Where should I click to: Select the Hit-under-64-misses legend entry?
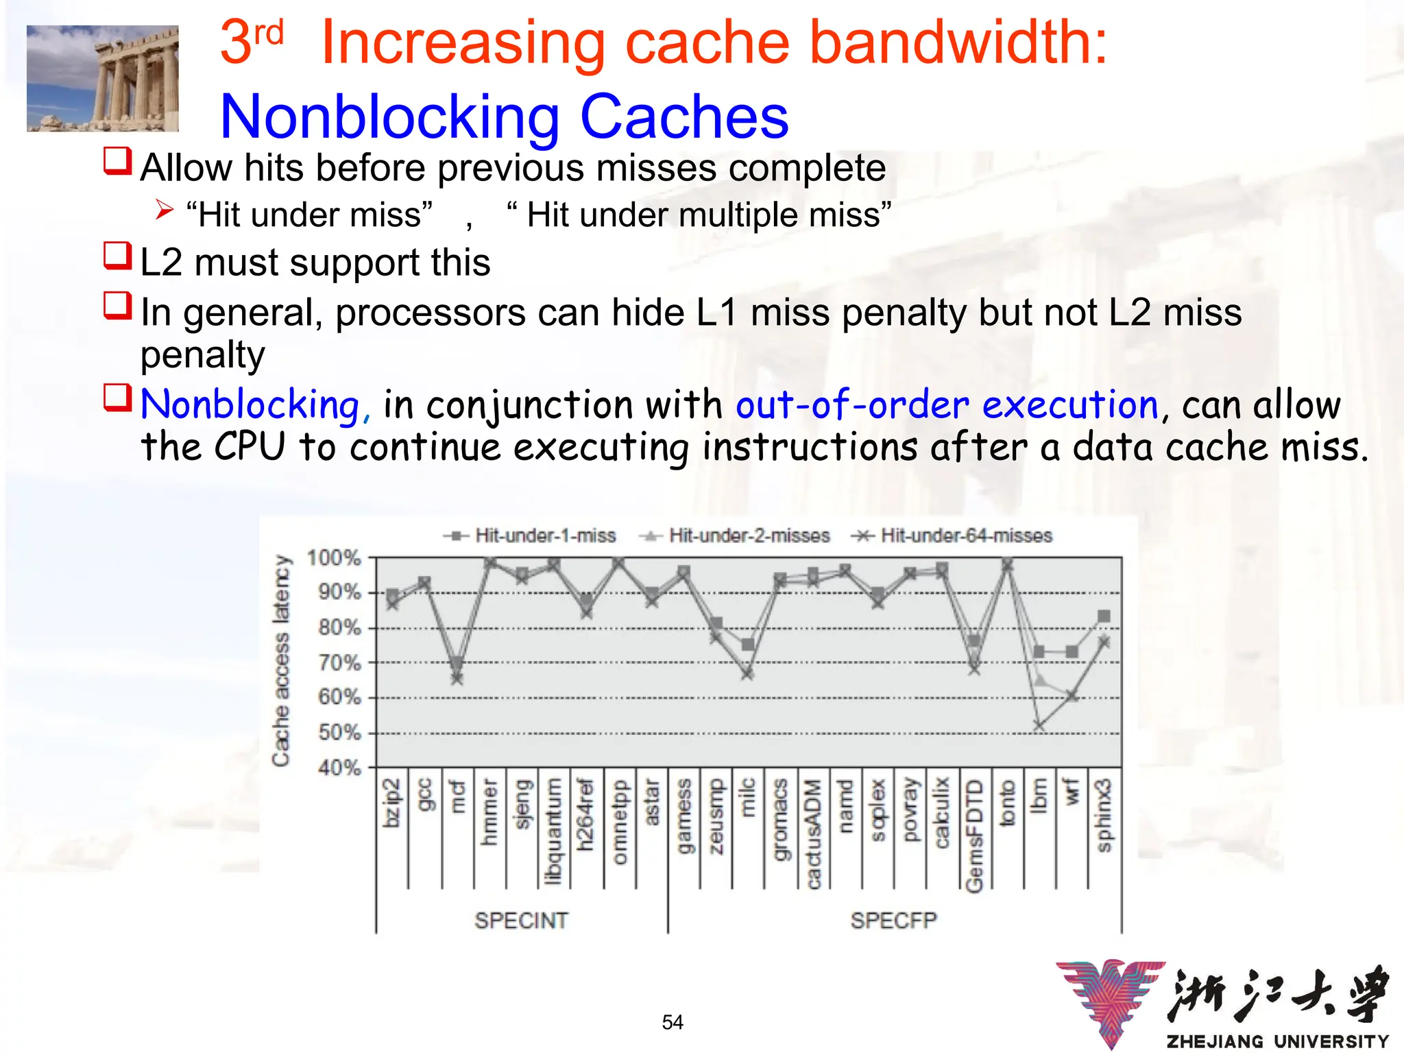tap(954, 535)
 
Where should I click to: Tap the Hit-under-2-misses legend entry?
tap(736, 535)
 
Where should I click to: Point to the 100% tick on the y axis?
tap(334, 557)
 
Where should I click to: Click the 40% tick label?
tap(339, 767)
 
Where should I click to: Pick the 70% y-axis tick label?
tap(339, 662)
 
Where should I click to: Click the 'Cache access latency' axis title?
tap(281, 660)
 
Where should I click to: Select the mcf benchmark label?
tap(457, 797)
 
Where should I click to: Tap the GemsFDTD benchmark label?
tap(973, 836)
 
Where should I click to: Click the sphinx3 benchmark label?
tap(1104, 815)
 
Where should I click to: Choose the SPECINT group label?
tap(521, 920)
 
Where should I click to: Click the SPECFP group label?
tap(893, 920)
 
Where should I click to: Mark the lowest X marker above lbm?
tap(1039, 726)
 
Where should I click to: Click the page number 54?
tap(673, 1022)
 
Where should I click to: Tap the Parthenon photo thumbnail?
tap(103, 78)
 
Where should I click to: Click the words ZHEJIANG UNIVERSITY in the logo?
tap(1277, 1041)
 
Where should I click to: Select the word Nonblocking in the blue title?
tap(389, 117)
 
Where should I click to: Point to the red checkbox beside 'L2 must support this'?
tap(117, 256)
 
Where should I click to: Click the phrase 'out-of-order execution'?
tap(947, 404)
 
